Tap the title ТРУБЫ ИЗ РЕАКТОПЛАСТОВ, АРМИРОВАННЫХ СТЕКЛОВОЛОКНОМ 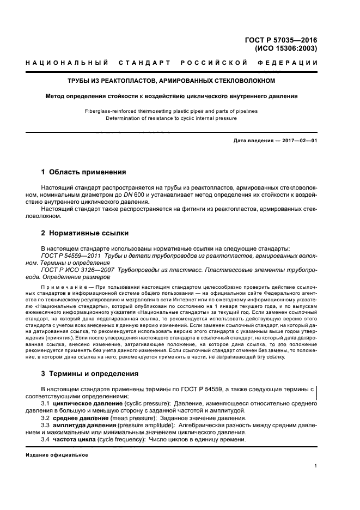coord(172,81)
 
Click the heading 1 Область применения coord(83,172)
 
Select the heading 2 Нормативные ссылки coord(85,233)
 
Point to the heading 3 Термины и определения coord(90,374)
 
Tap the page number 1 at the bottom coord(316,466)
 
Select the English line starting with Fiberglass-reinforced coord(171,111)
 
